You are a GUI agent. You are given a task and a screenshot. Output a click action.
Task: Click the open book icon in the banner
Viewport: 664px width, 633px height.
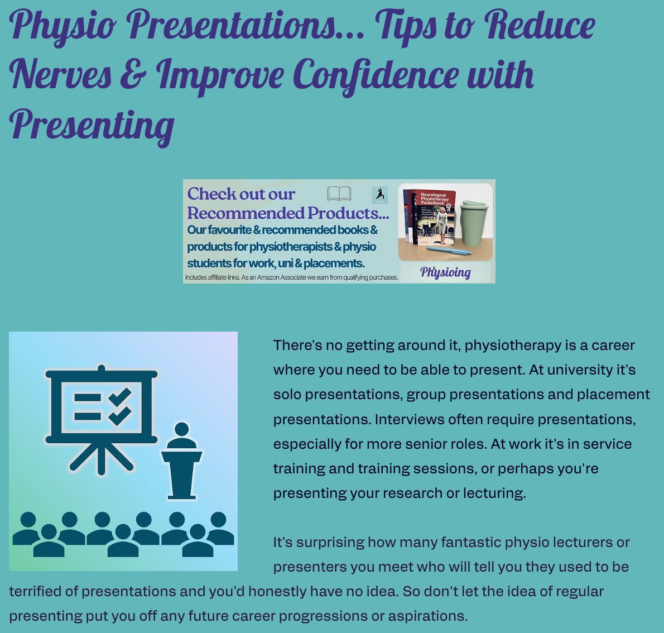coord(339,194)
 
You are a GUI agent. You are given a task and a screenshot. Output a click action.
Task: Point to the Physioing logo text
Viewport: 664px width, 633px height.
coord(445,272)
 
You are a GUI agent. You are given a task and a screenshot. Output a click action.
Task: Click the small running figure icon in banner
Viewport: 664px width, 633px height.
coord(379,195)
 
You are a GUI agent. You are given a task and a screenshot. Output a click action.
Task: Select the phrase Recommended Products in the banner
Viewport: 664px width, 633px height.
coord(287,213)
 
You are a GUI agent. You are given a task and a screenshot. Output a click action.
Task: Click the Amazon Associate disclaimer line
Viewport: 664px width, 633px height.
coord(292,277)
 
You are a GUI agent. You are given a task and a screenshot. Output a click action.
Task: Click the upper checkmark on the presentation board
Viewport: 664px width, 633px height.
coord(121,397)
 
